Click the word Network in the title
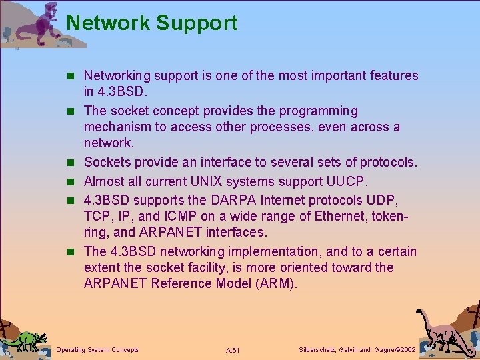coord(108,23)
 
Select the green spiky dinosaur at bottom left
coord(25,339)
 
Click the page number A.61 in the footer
coord(233,350)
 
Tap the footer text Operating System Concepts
coord(98,349)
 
